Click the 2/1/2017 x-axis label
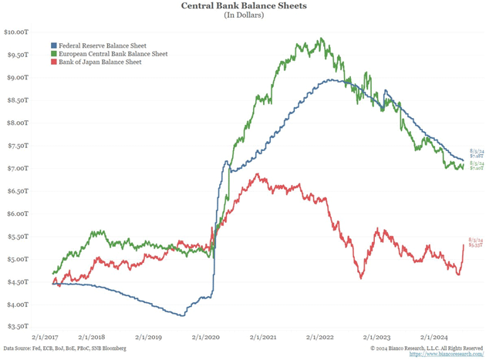pos(46,337)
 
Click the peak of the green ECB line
pos(321,39)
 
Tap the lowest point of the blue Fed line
pos(182,315)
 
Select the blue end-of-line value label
pos(475,153)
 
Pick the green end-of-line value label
pos(475,166)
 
